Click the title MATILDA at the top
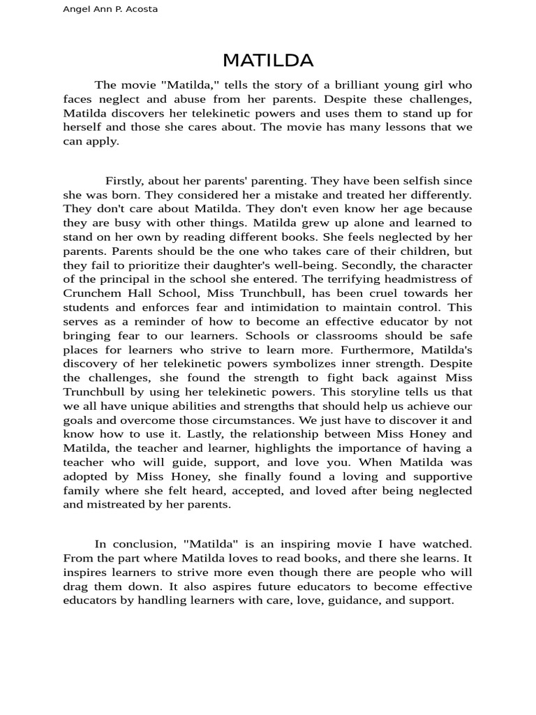pos(268,61)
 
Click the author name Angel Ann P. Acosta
pos(110,10)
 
